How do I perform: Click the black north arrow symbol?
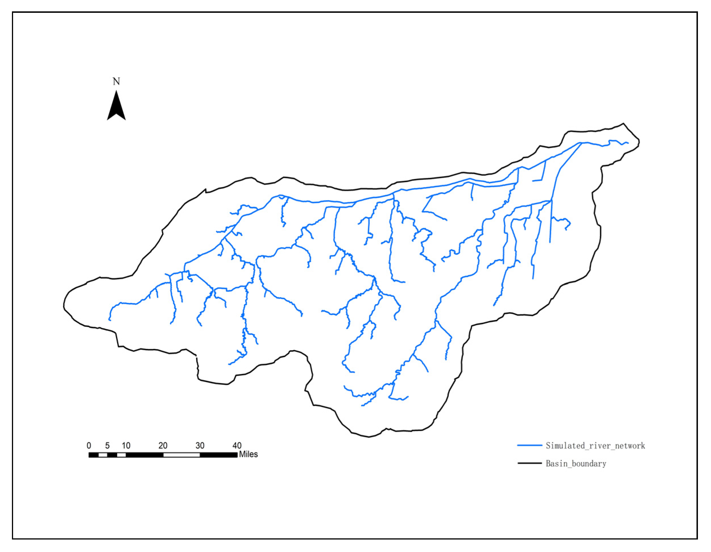tap(116, 107)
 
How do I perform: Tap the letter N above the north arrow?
tap(116, 81)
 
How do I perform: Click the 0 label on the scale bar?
tap(89, 446)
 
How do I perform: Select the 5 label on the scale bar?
tap(107, 446)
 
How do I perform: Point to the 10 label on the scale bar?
tap(126, 446)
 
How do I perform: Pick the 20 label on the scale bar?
tap(163, 446)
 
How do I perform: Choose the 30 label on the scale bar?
tap(200, 446)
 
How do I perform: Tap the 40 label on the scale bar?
tap(237, 446)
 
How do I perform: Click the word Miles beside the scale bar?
tap(248, 454)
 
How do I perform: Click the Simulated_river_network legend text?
tap(595, 446)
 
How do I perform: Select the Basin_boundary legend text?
tap(576, 464)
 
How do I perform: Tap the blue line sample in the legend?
tap(530, 445)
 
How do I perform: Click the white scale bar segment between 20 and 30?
tap(181, 455)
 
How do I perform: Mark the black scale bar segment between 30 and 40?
tap(218, 455)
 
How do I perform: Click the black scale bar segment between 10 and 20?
tap(144, 455)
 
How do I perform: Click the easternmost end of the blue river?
tap(628, 143)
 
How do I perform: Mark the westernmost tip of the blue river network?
tap(109, 320)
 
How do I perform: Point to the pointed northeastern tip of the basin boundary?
tap(624, 124)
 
